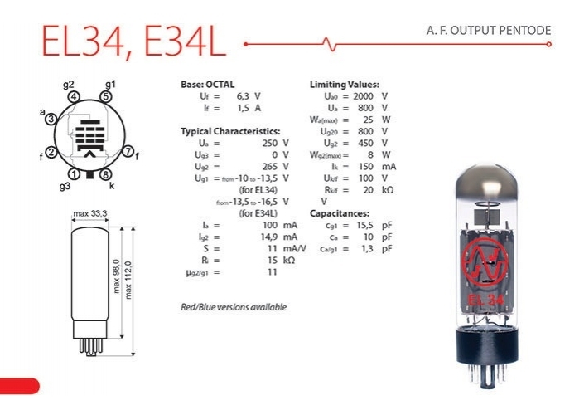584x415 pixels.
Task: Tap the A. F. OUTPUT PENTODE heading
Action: [488, 31]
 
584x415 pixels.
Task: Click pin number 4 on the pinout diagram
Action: [75, 97]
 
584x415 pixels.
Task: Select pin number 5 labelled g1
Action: [105, 97]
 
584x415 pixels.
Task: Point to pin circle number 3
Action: [51, 120]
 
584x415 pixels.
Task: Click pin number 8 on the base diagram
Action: [105, 174]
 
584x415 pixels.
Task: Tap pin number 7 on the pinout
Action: [128, 152]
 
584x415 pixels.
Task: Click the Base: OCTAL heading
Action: [207, 85]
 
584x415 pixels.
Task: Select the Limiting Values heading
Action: [345, 85]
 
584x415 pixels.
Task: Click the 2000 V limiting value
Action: [374, 96]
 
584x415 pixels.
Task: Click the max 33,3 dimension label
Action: [91, 214]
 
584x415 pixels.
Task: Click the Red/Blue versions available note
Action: [234, 307]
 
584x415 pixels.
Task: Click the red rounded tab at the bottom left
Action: [18, 385]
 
